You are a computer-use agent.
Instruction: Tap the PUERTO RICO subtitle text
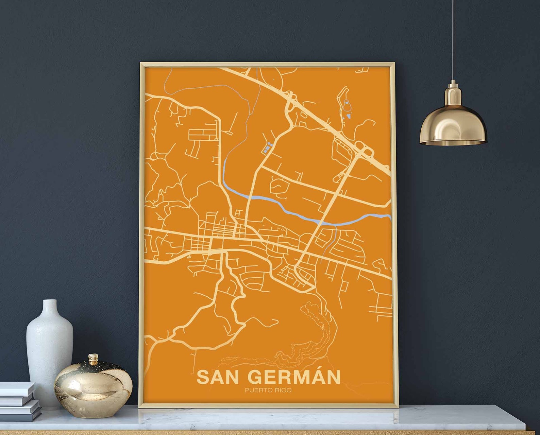[x=268, y=390]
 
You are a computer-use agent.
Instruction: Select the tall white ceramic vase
[x=50, y=353]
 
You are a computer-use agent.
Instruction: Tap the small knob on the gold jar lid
[x=93, y=358]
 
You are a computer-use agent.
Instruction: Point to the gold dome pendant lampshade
[x=453, y=126]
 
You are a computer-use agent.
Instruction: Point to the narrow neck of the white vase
[x=50, y=308]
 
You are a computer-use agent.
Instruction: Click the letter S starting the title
[x=203, y=377]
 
